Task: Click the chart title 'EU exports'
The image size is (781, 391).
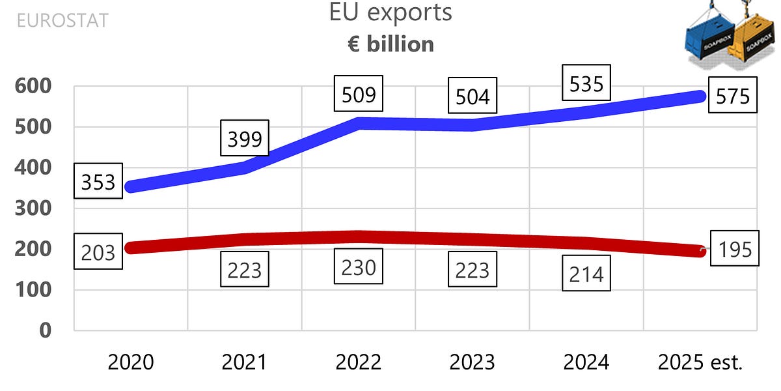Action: pyautogui.click(x=390, y=14)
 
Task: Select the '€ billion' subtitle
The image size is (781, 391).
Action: pyautogui.click(x=390, y=44)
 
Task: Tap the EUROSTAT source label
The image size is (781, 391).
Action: pyautogui.click(x=62, y=20)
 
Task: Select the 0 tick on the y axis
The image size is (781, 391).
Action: pyautogui.click(x=45, y=330)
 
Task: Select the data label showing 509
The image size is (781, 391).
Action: pyautogui.click(x=359, y=95)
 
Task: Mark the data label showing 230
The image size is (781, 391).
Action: pyautogui.click(x=359, y=267)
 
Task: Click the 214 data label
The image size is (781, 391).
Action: pyautogui.click(x=586, y=274)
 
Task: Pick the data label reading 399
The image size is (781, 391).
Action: pyautogui.click(x=245, y=138)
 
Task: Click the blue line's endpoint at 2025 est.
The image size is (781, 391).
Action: pyautogui.click(x=699, y=96)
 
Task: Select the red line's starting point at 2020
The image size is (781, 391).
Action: pyautogui.click(x=131, y=248)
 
